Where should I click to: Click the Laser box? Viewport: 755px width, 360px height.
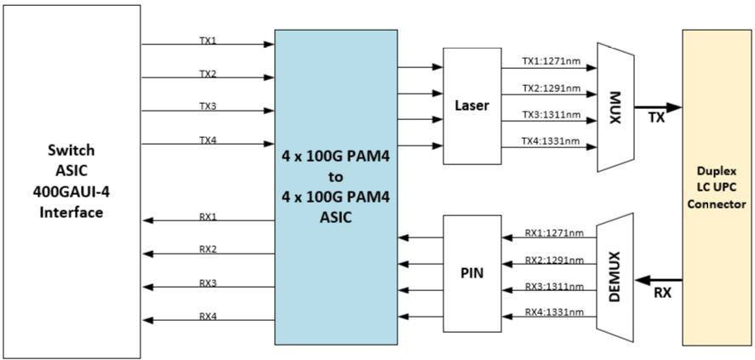472,106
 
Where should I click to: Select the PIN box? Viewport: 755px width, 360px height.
472,274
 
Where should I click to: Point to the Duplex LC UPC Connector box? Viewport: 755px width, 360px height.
718,186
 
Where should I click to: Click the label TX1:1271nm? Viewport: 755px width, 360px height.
551,62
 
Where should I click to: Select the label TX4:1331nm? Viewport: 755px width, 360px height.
551,141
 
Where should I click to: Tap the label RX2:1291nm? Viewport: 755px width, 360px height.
553,260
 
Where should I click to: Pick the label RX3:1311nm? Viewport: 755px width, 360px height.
553,286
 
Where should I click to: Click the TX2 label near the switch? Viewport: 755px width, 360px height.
208,74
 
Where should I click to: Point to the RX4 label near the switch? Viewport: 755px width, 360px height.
208,316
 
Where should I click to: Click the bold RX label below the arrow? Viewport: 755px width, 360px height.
661,294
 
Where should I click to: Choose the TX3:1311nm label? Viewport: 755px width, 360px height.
551,115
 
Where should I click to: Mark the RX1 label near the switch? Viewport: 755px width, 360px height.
208,216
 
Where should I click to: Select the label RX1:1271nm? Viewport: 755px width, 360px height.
553,233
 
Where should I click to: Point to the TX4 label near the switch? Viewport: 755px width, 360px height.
208,140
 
